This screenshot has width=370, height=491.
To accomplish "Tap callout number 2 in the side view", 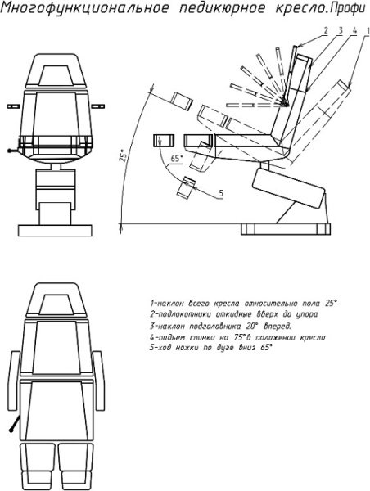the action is coord(326,30).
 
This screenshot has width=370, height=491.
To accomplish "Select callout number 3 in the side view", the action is coord(341,30).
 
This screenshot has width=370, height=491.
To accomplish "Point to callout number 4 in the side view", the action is coord(354,30).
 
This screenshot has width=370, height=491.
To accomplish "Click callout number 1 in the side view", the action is coord(368,30).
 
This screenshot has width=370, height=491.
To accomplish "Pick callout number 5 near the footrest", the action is coord(221,193).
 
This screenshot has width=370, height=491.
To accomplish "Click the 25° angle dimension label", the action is coord(123,155).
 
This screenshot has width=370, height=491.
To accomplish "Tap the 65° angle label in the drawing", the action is coord(176,159).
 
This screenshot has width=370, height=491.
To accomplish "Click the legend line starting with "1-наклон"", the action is coord(244,304).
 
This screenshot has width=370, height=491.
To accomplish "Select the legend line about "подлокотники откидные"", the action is coord(234,314).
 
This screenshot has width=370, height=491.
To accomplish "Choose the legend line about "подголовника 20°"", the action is coord(220,326).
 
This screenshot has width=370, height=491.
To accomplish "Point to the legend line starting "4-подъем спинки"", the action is coord(237,337).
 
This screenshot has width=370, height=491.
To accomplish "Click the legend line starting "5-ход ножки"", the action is coord(211,348).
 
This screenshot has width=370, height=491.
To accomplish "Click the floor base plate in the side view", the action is coord(286,229).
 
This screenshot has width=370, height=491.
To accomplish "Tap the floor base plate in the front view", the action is coord(55,231).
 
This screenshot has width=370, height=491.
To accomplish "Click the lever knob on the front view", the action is coord(9,151).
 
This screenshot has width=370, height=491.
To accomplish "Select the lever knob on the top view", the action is coord(11,430).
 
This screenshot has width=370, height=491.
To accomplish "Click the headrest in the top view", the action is coord(56,300).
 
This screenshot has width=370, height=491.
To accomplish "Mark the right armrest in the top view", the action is coord(99,381).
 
